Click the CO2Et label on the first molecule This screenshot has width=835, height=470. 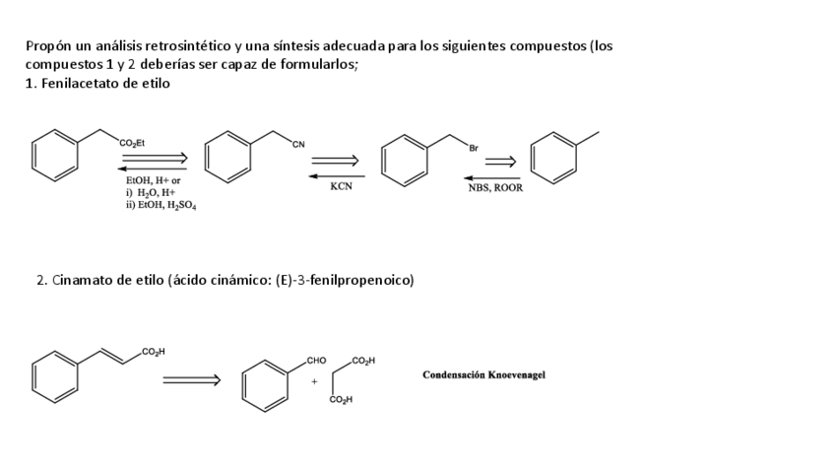coord(131,144)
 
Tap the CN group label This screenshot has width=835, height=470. coord(298,146)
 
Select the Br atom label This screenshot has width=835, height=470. coord(475,148)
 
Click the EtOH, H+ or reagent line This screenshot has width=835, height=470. coord(153,181)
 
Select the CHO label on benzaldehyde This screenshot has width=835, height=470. coord(317,362)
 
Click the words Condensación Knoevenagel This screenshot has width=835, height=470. coord(483,374)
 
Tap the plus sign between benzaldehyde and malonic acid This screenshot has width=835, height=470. coord(314,380)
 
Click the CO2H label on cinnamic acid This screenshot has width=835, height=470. coord(154,352)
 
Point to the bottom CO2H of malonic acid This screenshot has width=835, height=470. coord(343,400)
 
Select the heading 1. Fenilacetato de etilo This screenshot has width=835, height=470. coord(97,84)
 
